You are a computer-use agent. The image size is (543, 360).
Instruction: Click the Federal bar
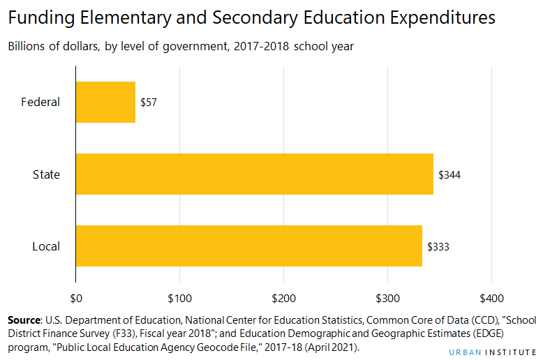point(105,102)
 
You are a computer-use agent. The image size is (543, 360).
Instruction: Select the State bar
point(255,174)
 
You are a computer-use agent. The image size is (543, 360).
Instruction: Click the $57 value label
point(149,103)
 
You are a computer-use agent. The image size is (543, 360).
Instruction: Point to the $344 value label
point(449,174)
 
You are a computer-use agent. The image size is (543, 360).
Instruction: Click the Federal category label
point(40,102)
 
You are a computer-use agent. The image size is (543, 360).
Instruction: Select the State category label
point(46,174)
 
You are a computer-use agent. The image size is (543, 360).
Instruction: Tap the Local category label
point(46,246)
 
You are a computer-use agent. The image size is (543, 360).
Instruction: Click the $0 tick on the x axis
point(76,298)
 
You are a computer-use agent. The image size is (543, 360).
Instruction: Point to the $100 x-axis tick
point(180,298)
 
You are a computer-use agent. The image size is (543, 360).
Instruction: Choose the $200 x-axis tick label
point(284,298)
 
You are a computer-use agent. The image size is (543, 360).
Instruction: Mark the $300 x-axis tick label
point(388,298)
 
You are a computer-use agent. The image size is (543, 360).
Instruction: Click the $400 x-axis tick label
point(492,298)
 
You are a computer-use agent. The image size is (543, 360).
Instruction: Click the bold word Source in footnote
point(24,320)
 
